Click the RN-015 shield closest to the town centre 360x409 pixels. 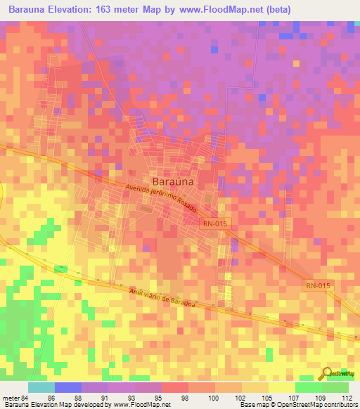(214, 223)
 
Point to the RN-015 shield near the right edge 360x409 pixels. (318, 285)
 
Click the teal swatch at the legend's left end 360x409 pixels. (41, 387)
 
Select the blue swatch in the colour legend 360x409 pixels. (68, 387)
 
